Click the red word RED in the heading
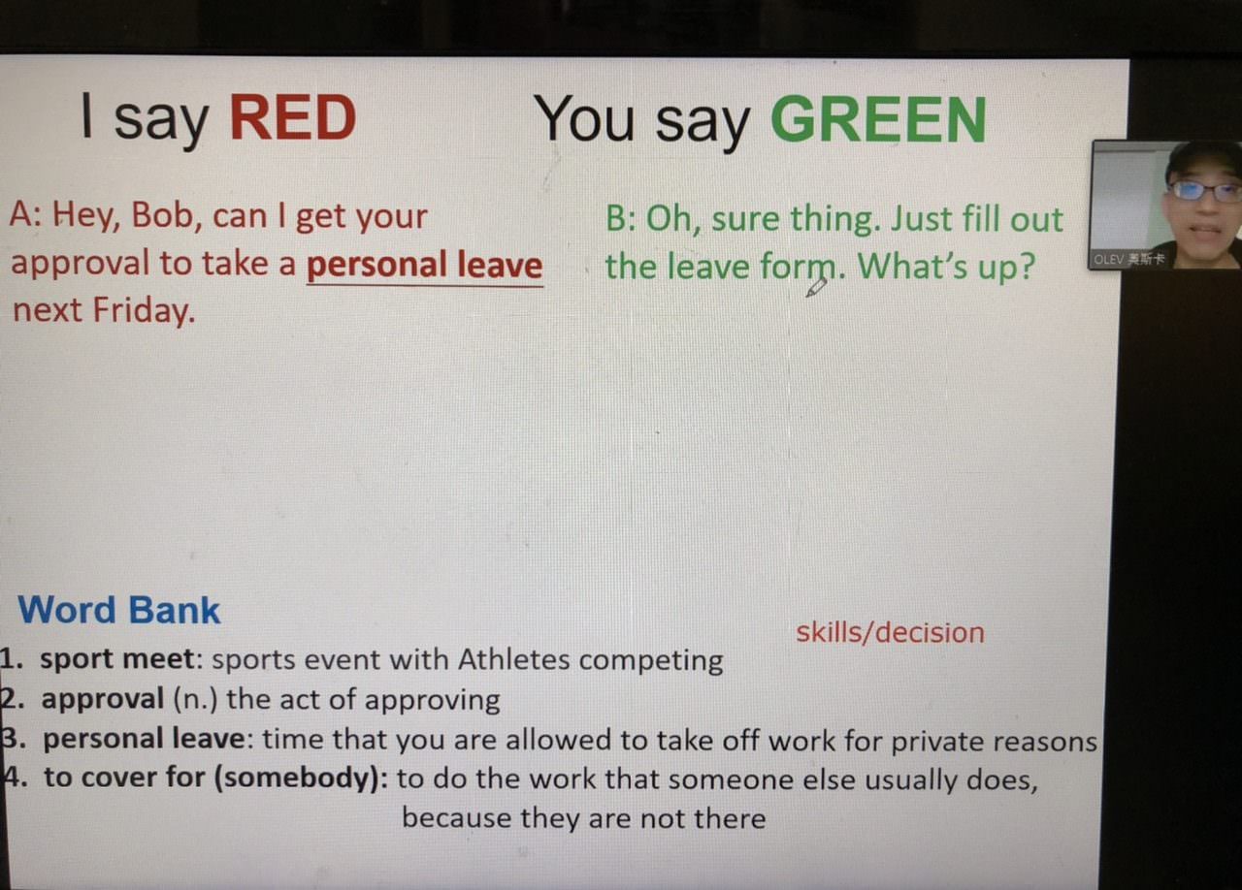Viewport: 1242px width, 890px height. pos(293,117)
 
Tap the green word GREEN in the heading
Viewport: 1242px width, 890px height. pos(878,120)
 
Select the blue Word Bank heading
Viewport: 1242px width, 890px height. pos(119,610)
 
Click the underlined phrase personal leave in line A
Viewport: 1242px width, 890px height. pos(425,265)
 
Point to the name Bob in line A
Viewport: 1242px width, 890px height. pos(162,215)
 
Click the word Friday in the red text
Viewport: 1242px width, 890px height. pos(144,310)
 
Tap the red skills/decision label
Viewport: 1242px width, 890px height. pos(890,632)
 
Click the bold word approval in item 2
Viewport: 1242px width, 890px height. pos(103,699)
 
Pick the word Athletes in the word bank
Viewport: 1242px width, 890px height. pos(513,659)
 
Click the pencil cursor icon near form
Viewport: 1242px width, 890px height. pos(816,288)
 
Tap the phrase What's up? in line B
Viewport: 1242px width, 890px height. pos(946,267)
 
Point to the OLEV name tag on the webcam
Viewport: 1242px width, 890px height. pos(1128,259)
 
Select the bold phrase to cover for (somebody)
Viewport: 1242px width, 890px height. pos(216,778)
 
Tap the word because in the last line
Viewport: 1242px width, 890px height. pos(456,818)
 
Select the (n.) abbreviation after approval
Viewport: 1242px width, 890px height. pos(195,699)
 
